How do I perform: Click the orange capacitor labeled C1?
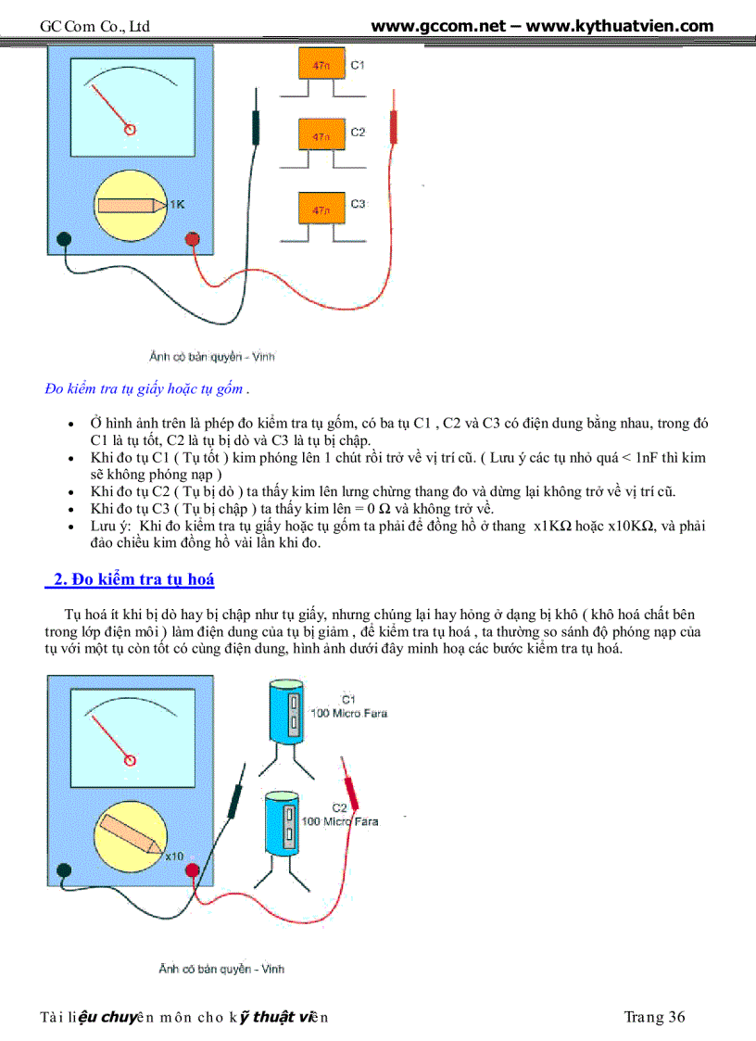tap(321, 67)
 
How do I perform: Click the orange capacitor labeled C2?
tap(321, 135)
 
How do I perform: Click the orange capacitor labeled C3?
tap(321, 208)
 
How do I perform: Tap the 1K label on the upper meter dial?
tap(176, 204)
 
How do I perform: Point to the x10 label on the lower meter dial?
tap(174, 856)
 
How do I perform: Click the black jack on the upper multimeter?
tap(63, 239)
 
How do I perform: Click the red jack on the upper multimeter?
tap(193, 239)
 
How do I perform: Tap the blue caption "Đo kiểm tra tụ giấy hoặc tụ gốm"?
tap(146, 388)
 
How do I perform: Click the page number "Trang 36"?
tap(654, 1017)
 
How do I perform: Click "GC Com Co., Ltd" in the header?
tap(94, 27)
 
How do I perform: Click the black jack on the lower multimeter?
tap(63, 870)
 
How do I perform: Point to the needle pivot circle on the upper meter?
tap(131, 130)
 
